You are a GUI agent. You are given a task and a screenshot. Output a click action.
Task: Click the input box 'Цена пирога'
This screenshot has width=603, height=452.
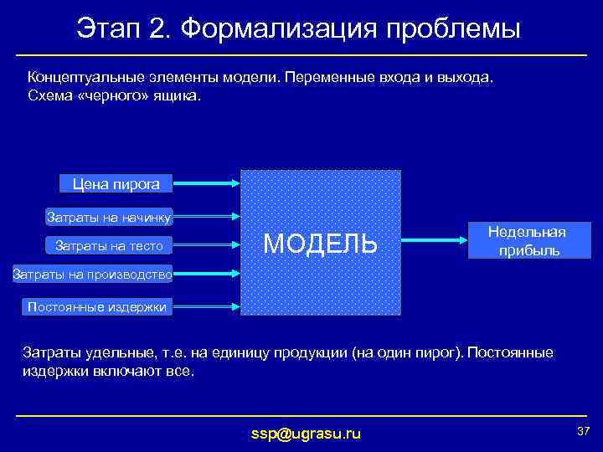(x=110, y=183)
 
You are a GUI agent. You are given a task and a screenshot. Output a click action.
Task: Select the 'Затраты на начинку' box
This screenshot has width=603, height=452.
(x=108, y=218)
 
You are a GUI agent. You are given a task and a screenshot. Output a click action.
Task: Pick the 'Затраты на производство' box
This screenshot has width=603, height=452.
(x=92, y=273)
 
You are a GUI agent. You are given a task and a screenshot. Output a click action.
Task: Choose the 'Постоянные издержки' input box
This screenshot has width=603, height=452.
(x=97, y=306)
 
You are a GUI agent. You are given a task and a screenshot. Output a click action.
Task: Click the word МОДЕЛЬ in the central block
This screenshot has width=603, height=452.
(x=320, y=244)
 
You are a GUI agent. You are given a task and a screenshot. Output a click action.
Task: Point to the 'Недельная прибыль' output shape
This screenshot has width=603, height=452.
(x=527, y=241)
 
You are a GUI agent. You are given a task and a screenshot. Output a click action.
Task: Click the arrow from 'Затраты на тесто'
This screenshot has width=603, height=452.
(x=207, y=245)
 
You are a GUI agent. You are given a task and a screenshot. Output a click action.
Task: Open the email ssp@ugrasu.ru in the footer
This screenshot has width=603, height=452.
(x=307, y=433)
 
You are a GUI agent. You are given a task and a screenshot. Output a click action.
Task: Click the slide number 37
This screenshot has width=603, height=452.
(x=583, y=430)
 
